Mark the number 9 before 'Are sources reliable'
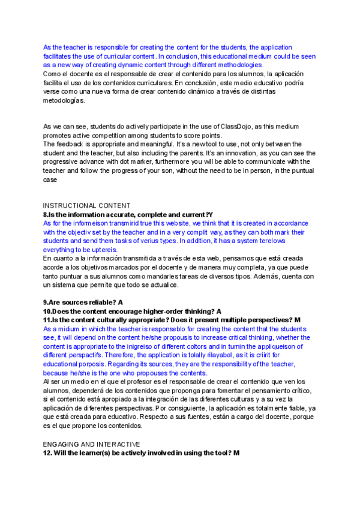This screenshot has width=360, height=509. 45,303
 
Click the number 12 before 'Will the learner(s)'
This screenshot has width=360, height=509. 47,453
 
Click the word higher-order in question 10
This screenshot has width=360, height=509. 163,312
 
